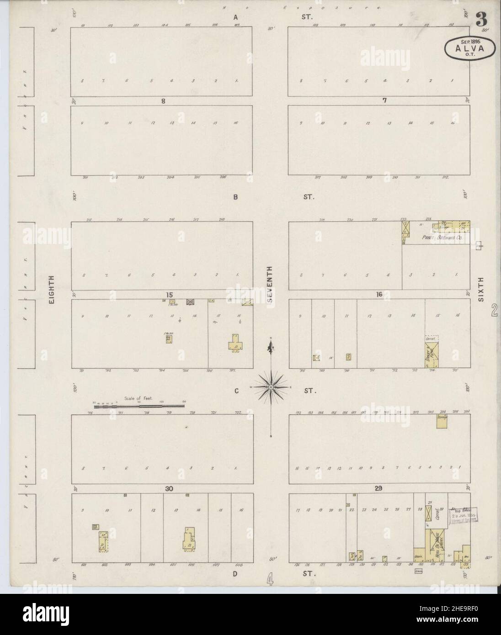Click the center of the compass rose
click(x=271, y=387)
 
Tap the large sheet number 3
click(x=481, y=20)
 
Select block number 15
click(x=170, y=295)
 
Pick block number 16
click(x=378, y=295)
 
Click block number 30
click(x=169, y=489)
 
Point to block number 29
click(x=378, y=489)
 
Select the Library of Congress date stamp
click(x=464, y=515)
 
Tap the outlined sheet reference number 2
click(x=494, y=312)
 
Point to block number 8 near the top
click(x=162, y=101)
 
